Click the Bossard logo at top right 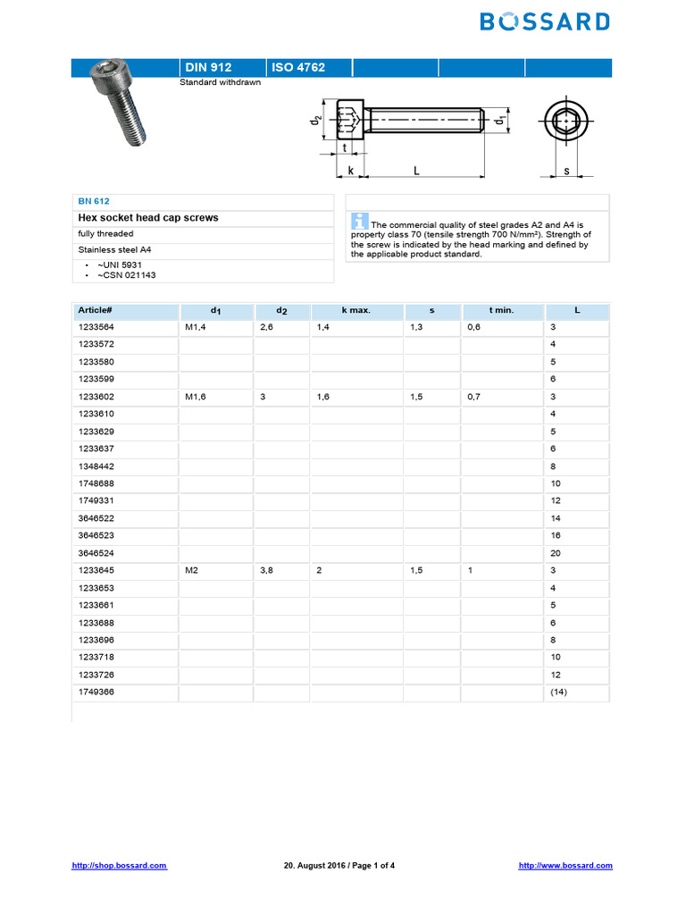click(x=545, y=21)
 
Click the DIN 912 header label click(x=207, y=68)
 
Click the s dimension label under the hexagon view click(x=566, y=169)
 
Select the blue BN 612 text click(x=94, y=202)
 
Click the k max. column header click(x=356, y=310)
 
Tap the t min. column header click(x=501, y=310)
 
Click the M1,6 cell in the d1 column click(x=197, y=397)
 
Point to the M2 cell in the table click(x=192, y=571)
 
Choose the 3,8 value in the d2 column click(x=266, y=571)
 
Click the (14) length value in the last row click(x=558, y=693)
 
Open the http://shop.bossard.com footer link click(x=119, y=866)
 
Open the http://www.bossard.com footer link click(x=565, y=866)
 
